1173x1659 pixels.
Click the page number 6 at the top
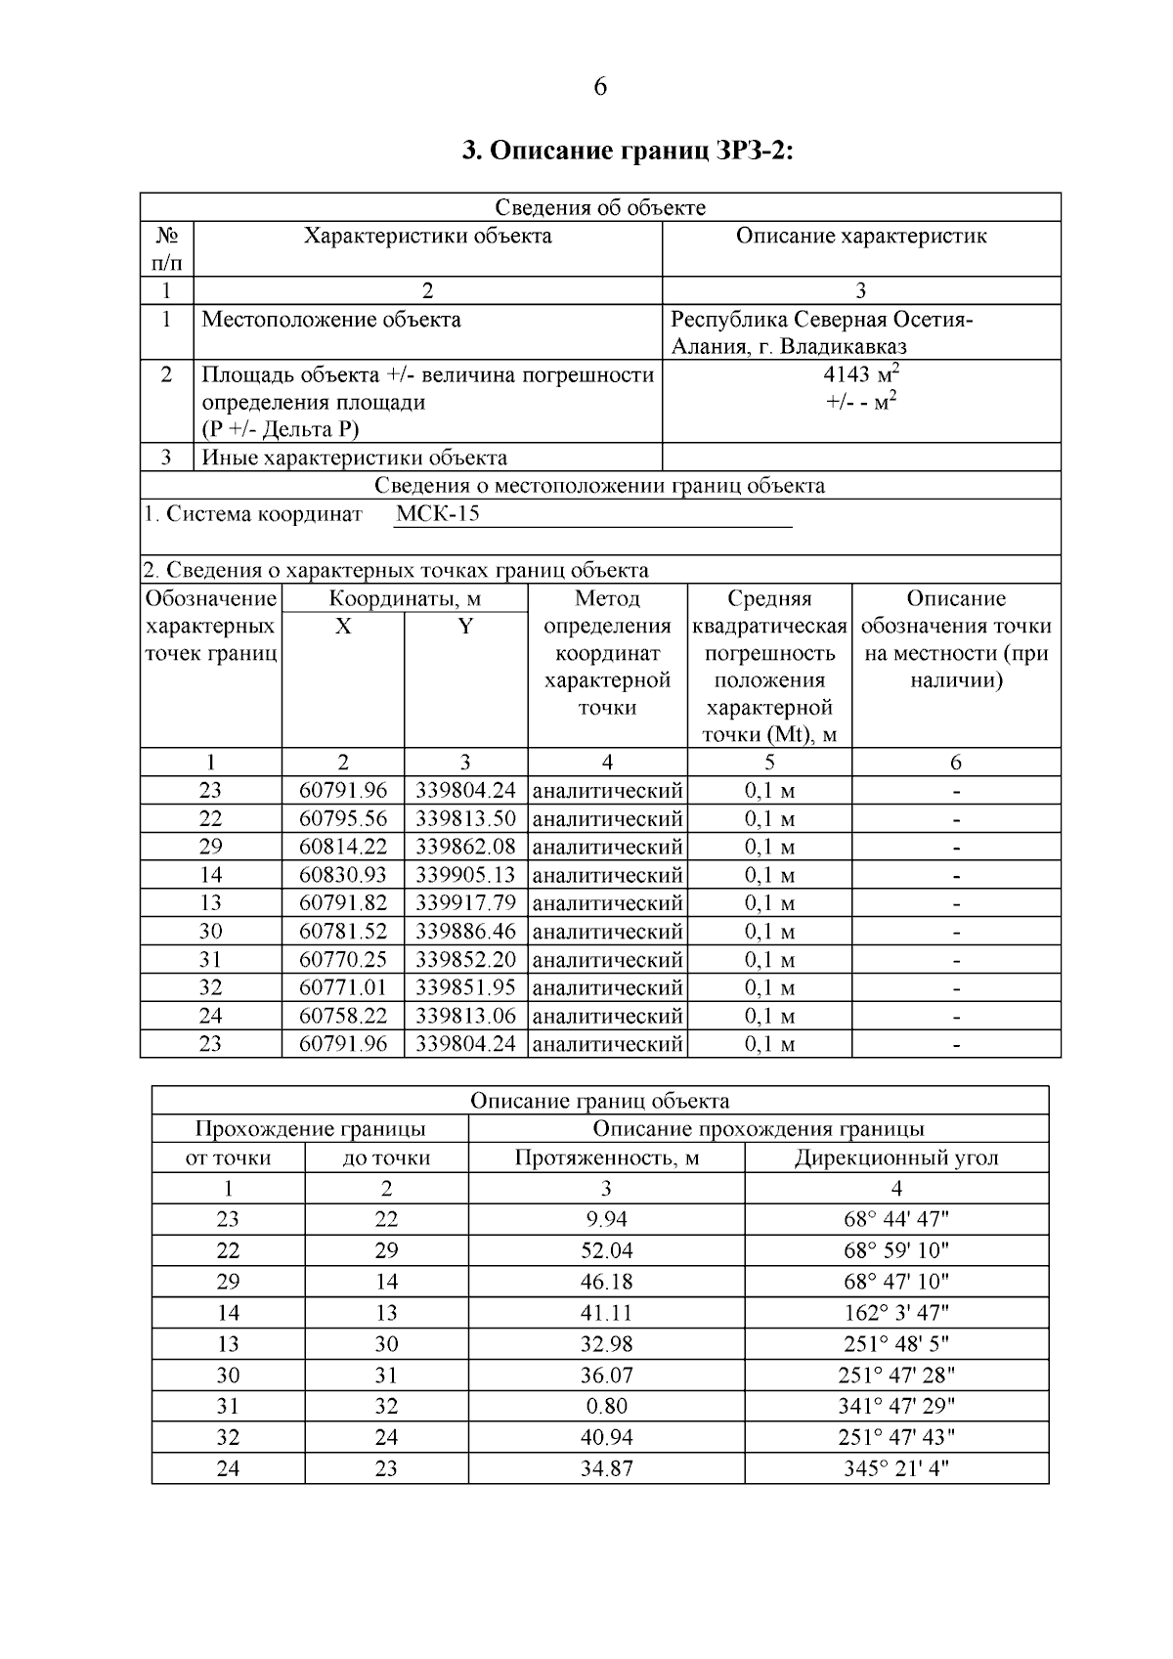(599, 87)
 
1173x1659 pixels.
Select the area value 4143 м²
(860, 374)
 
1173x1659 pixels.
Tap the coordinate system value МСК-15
(438, 514)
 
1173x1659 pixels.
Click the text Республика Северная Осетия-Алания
(821, 321)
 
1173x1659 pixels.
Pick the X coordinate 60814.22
(343, 847)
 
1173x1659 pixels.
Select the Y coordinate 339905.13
(465, 875)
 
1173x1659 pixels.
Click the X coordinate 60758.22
(343, 1016)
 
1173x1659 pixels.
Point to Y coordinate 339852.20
(465, 959)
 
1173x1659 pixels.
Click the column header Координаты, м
(405, 598)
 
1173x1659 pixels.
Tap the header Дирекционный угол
(895, 1158)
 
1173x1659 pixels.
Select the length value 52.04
(606, 1250)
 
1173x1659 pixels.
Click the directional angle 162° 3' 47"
(895, 1313)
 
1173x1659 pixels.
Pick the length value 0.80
(606, 1406)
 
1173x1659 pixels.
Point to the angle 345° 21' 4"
(895, 1468)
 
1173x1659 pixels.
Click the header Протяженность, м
(606, 1158)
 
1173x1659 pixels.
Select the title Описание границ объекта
(599, 1101)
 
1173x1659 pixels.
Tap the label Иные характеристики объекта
(354, 458)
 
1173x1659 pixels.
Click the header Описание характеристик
(860, 237)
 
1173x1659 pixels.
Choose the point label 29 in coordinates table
(210, 847)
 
